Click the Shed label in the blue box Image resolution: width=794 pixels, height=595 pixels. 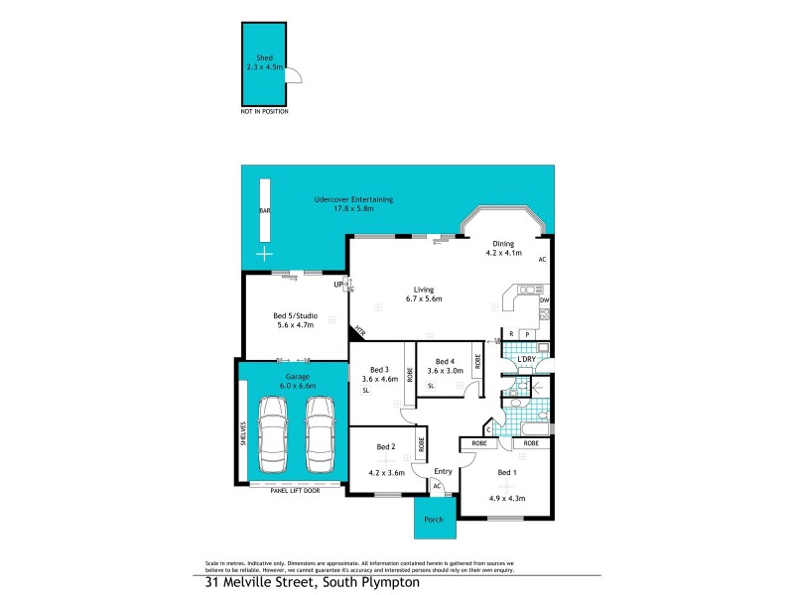264,59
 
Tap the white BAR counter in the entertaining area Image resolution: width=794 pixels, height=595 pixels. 264,210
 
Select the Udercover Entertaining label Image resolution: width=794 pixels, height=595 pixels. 353,199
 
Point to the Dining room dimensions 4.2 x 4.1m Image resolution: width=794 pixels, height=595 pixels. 503,253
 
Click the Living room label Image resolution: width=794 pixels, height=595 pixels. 423,289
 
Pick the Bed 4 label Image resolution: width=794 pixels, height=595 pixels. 445,361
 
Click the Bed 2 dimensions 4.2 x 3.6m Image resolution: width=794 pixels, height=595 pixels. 387,473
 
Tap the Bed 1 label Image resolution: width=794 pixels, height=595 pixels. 506,473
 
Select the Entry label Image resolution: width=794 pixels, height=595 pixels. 443,471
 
